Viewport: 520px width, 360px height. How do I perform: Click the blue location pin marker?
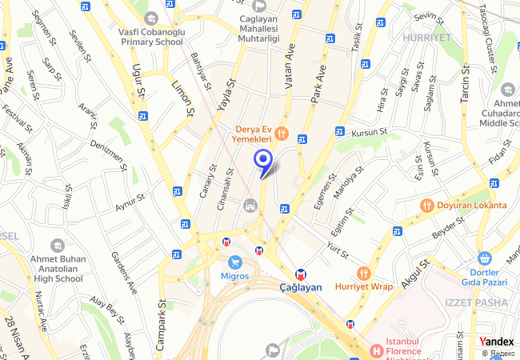click(x=262, y=161)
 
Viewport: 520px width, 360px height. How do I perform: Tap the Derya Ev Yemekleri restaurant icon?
click(x=281, y=133)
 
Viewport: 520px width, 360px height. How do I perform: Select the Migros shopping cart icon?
click(x=235, y=262)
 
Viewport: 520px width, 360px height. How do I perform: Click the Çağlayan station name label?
click(x=300, y=287)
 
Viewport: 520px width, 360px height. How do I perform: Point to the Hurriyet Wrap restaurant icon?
click(x=364, y=273)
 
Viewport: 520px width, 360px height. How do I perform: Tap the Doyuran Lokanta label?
click(x=472, y=205)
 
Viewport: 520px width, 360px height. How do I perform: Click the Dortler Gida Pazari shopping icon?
click(x=483, y=258)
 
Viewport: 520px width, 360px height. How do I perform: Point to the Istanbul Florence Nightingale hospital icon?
click(x=377, y=350)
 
